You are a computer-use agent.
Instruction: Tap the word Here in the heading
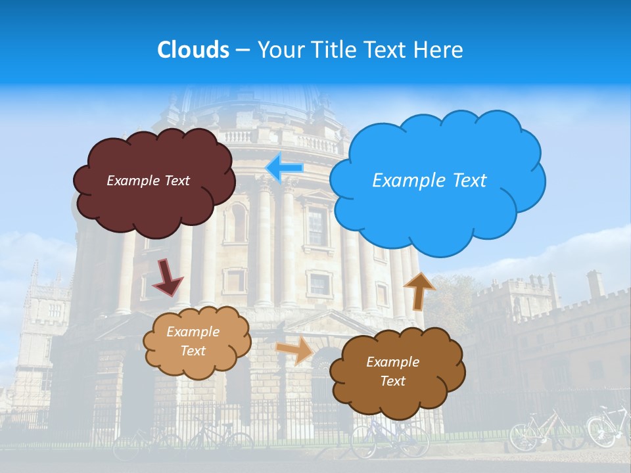438,50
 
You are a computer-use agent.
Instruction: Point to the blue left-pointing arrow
285,168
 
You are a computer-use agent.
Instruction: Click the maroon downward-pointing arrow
168,277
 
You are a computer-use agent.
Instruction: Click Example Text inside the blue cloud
429,180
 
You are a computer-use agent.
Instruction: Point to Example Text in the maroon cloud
148,180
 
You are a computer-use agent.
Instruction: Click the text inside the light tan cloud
193,342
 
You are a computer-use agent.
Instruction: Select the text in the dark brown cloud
392,371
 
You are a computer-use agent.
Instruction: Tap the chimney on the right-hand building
595,283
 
